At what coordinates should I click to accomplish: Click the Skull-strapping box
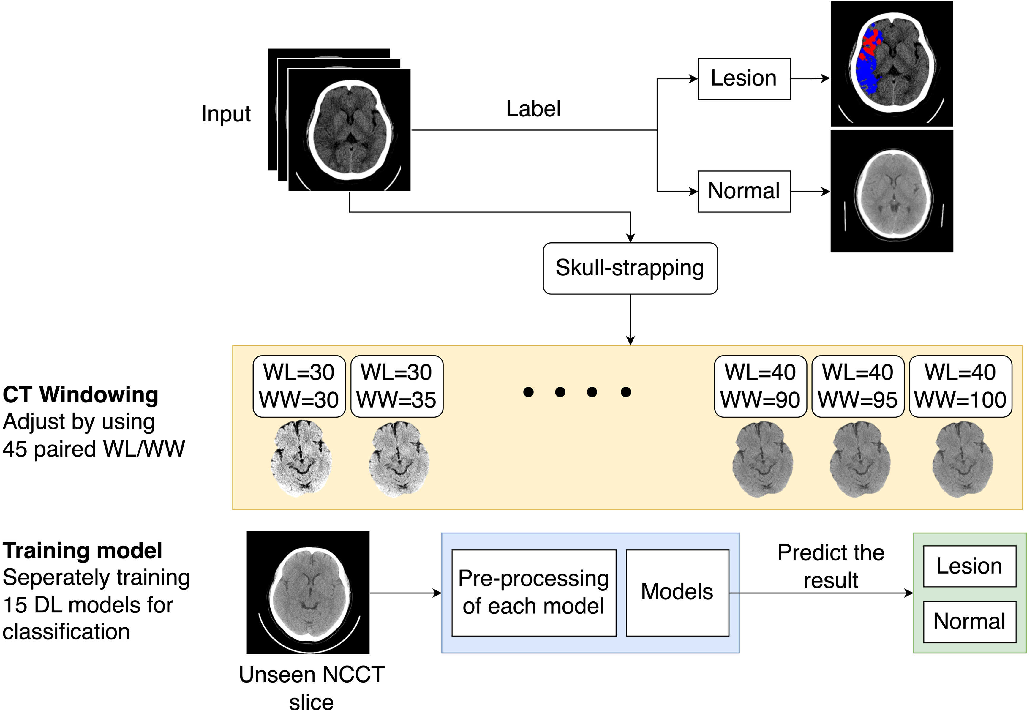point(630,268)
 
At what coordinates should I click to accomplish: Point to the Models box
point(677,592)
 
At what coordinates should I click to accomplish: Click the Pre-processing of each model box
point(534,592)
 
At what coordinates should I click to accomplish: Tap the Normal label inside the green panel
point(969,622)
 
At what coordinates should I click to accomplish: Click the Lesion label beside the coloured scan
point(744,79)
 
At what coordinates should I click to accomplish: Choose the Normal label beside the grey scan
point(744,191)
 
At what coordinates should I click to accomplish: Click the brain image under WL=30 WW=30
point(301,458)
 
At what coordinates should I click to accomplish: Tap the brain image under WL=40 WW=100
point(962,459)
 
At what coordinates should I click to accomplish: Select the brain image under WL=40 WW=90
point(762,459)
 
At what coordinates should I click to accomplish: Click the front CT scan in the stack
point(350,130)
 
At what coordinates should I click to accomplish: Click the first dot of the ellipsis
point(529,392)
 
